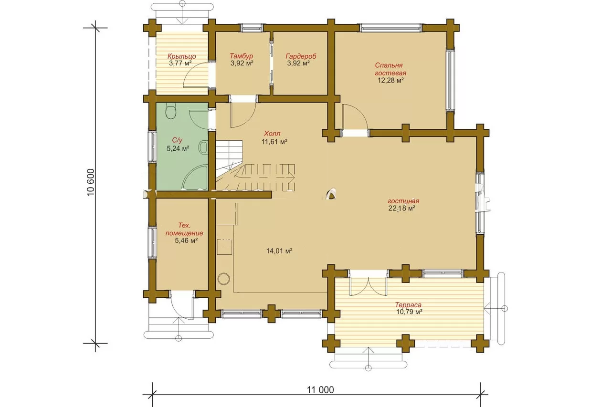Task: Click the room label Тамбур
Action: pyautogui.click(x=242, y=56)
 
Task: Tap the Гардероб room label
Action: pyautogui.click(x=301, y=56)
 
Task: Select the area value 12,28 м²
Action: pyautogui.click(x=390, y=81)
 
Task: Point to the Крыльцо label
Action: pyautogui.click(x=182, y=56)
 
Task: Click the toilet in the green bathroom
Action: pyautogui.click(x=171, y=111)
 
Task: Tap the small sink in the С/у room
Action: pyautogui.click(x=203, y=147)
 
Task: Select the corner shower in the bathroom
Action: pyautogui.click(x=195, y=177)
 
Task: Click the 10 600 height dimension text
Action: pyautogui.click(x=91, y=182)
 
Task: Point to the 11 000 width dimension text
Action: pyautogui.click(x=320, y=390)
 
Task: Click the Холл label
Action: pyautogui.click(x=272, y=134)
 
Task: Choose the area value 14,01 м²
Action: pyautogui.click(x=279, y=251)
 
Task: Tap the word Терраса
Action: pyautogui.click(x=408, y=305)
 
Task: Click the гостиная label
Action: pyautogui.click(x=403, y=201)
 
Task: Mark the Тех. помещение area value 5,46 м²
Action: pyautogui.click(x=186, y=240)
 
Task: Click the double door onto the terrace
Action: pyautogui.click(x=368, y=286)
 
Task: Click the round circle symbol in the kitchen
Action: pyautogui.click(x=224, y=279)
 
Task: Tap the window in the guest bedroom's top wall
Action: pyautogui.click(x=390, y=28)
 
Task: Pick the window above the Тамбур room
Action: pyautogui.click(x=252, y=28)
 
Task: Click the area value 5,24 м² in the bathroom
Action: pyautogui.click(x=178, y=149)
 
